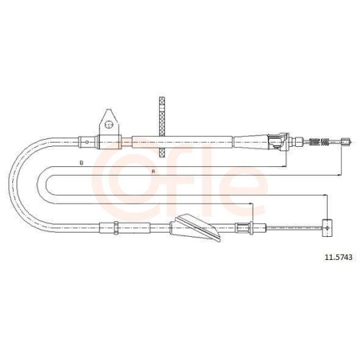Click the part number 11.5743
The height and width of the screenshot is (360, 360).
tap(338, 257)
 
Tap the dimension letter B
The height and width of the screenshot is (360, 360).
tap(81, 163)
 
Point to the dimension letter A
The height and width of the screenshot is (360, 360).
tap(153, 171)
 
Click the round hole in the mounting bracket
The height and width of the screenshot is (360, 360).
tap(109, 125)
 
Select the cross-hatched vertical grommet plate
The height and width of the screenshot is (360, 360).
tap(163, 127)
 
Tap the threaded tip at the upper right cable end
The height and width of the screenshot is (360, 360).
tap(346, 142)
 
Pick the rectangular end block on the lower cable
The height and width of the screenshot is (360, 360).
tap(328, 228)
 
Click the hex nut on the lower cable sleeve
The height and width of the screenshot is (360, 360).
tap(116, 228)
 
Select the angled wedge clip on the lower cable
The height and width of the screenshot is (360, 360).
tap(196, 228)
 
